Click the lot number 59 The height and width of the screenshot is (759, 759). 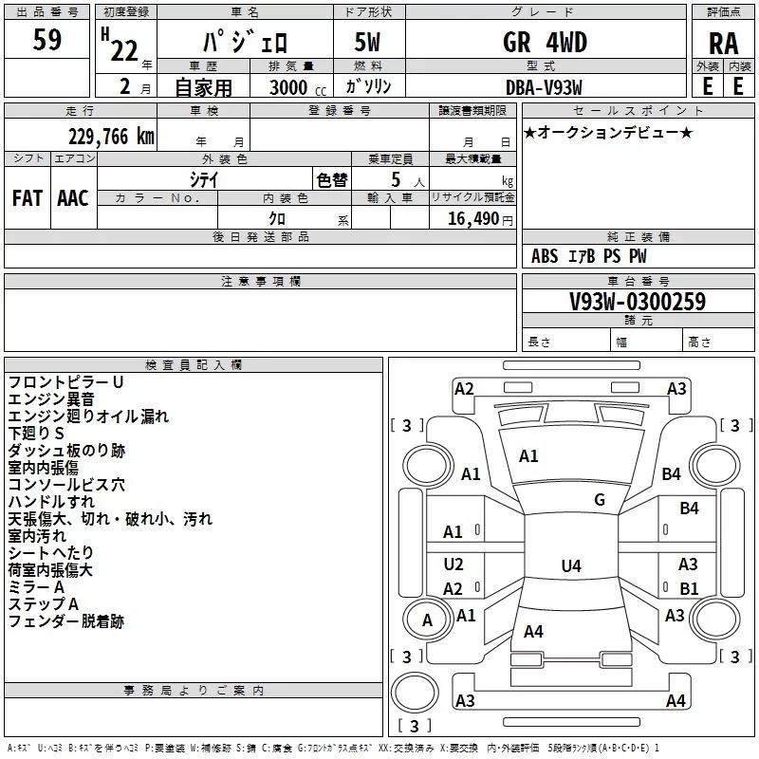[x=46, y=39]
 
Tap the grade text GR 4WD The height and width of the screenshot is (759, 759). [x=545, y=42]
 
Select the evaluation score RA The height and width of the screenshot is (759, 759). [x=724, y=44]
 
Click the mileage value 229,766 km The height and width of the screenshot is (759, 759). [x=111, y=137]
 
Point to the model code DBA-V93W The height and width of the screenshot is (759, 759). [x=544, y=87]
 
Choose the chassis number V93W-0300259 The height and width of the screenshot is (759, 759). [x=638, y=302]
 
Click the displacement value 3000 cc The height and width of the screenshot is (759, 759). [x=298, y=87]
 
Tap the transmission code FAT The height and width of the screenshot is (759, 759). [x=28, y=198]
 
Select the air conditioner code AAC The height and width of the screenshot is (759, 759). [x=73, y=198]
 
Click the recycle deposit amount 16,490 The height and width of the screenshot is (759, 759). [x=473, y=219]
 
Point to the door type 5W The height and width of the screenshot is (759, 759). [x=367, y=42]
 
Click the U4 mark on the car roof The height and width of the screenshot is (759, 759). [x=571, y=565]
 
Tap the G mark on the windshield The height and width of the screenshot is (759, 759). [x=600, y=500]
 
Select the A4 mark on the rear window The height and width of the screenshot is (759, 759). [x=533, y=631]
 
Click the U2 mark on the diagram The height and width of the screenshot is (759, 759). [x=454, y=565]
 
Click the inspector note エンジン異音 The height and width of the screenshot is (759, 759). [x=51, y=399]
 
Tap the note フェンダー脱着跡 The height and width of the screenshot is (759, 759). [x=66, y=621]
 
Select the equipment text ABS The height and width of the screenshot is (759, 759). [x=545, y=256]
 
